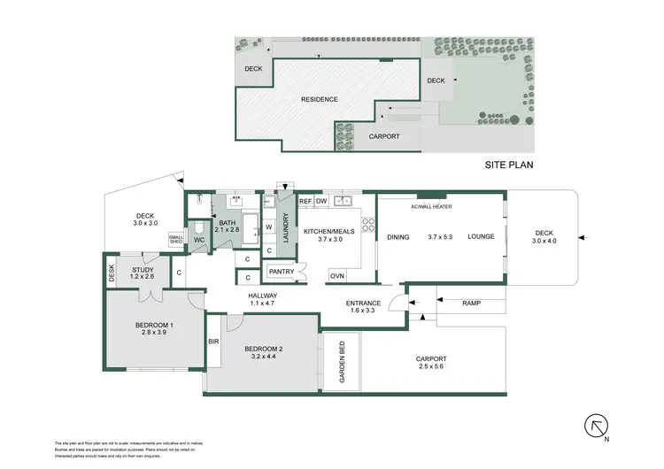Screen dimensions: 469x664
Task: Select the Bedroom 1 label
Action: (154, 325)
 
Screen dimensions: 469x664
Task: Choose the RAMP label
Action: (472, 303)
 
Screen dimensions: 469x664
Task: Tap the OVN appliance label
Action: (336, 276)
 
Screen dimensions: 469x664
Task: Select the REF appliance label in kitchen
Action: (305, 203)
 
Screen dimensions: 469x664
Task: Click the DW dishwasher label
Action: (322, 203)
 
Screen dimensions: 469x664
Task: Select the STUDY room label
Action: (143, 271)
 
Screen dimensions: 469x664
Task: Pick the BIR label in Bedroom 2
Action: (213, 341)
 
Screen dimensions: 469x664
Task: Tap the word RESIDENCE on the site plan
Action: (320, 99)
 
